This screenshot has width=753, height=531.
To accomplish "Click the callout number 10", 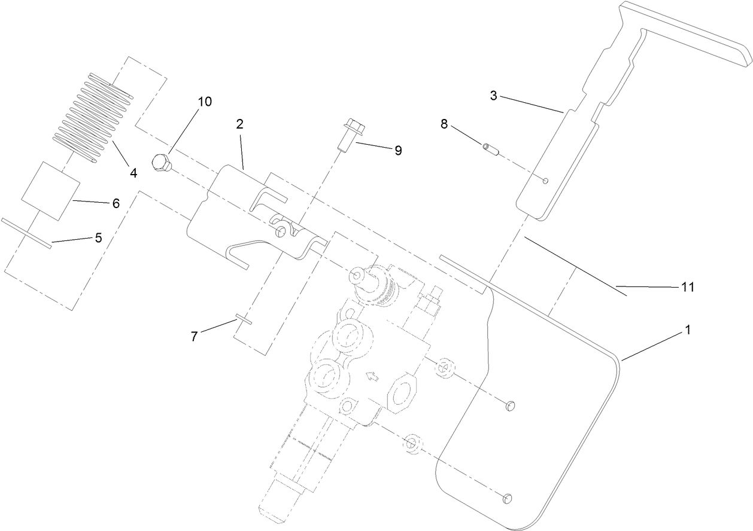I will pyautogui.click(x=205, y=102).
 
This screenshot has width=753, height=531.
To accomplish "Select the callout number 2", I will pyautogui.click(x=239, y=124).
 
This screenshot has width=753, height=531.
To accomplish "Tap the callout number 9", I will pyautogui.click(x=397, y=150).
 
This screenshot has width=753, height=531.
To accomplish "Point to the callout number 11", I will pyautogui.click(x=687, y=288).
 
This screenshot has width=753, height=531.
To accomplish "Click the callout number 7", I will pyautogui.click(x=194, y=337).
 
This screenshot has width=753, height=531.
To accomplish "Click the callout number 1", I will pyautogui.click(x=688, y=329).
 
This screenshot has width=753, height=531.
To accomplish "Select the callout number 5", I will pyautogui.click(x=98, y=237).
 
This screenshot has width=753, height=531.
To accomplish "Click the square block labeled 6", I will pyautogui.click(x=50, y=189).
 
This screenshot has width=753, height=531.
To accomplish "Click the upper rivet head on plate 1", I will pyautogui.click(x=509, y=407).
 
